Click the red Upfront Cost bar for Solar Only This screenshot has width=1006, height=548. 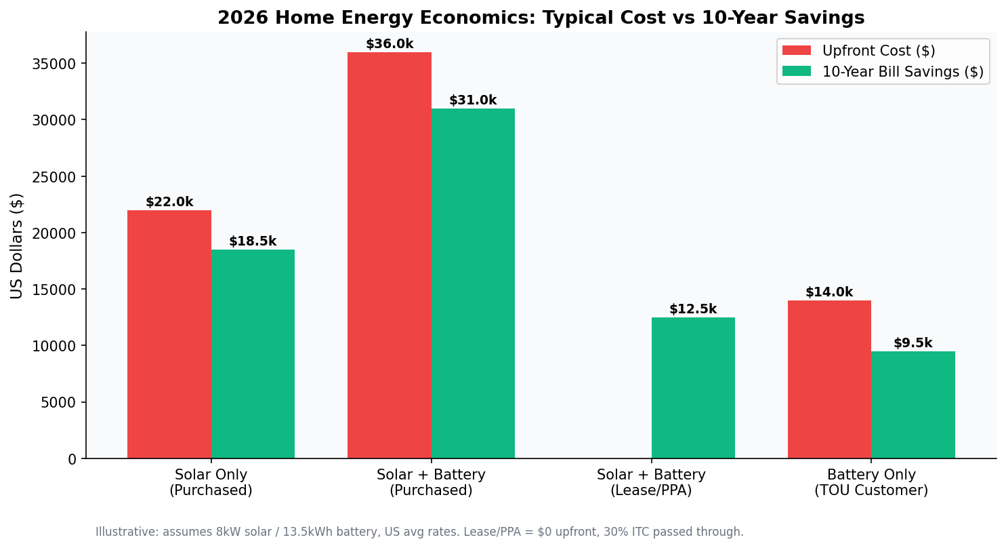click(x=169, y=334)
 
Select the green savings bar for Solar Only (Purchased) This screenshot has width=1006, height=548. click(x=253, y=354)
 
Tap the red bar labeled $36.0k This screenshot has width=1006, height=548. click(x=390, y=255)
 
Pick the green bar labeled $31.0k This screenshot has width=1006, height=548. click(x=473, y=283)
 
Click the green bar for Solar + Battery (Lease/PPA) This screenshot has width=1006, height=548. click(x=693, y=388)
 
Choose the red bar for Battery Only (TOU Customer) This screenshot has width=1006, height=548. click(x=829, y=379)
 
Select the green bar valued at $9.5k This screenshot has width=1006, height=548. click(x=913, y=405)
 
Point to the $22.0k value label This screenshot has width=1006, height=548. click(x=169, y=202)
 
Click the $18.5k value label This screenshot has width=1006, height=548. click(x=253, y=241)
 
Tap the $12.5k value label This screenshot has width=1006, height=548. click(x=693, y=309)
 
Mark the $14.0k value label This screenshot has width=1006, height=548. click(x=829, y=292)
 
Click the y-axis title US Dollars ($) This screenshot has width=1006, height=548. click(x=17, y=246)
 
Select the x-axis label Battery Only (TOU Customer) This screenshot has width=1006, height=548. click(x=871, y=482)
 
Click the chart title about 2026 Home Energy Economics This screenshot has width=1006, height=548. click(x=541, y=18)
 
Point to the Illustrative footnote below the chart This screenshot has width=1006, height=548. click(x=419, y=532)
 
